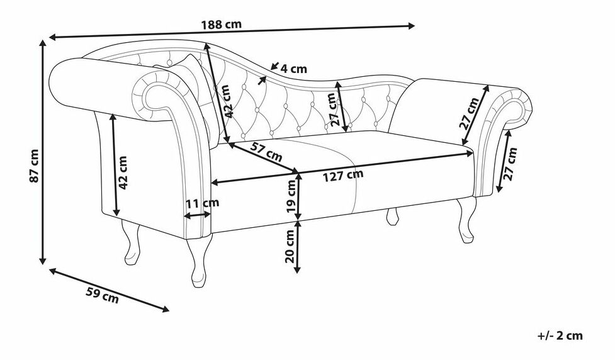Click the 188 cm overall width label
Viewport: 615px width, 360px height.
pos(221,25)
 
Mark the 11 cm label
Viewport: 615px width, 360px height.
pos(202,203)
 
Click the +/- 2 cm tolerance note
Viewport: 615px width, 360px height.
pos(560,335)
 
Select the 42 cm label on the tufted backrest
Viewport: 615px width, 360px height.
pos(230,103)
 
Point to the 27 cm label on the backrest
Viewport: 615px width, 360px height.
pos(335,108)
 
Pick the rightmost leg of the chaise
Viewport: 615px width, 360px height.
pos(466,220)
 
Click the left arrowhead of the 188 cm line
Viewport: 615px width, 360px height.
pos(52,37)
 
